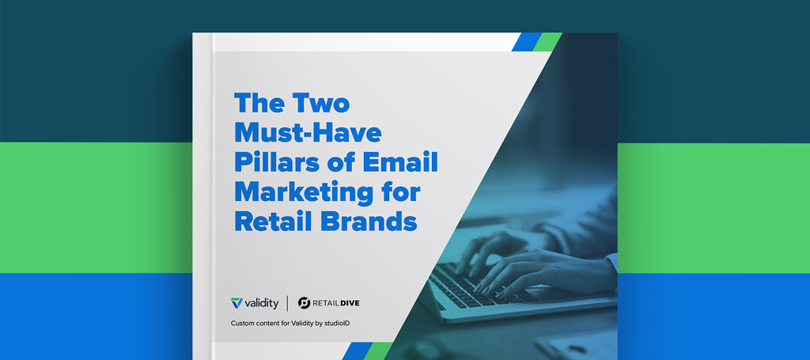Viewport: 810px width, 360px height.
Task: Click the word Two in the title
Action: point(323,104)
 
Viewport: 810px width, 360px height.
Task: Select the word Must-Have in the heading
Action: point(308,133)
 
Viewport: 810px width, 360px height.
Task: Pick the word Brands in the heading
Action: point(368,221)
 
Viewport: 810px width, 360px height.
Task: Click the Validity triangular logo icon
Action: point(237,303)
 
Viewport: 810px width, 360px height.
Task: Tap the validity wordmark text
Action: point(261,303)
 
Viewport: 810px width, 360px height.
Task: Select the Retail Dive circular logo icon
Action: point(305,303)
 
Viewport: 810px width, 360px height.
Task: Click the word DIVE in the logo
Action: point(349,303)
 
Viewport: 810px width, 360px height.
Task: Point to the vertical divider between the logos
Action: point(288,303)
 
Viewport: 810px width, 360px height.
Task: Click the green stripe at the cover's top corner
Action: point(547,42)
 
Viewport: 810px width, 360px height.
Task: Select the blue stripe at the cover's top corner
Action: point(527,42)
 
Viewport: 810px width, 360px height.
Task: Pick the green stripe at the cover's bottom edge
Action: point(378,351)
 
